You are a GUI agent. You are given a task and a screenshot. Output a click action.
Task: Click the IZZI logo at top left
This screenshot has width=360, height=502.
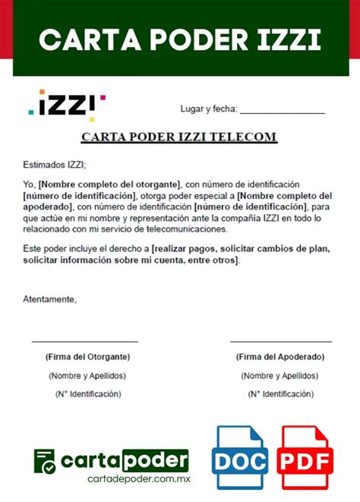pyautogui.click(x=67, y=106)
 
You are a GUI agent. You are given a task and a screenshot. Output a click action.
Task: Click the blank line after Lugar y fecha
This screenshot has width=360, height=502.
pyautogui.click(x=282, y=113)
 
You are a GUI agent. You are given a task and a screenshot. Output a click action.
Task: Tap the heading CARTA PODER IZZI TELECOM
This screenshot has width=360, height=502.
pyautogui.click(x=179, y=137)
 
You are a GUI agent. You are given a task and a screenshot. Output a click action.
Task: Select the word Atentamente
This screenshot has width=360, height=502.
pyautogui.click(x=49, y=299)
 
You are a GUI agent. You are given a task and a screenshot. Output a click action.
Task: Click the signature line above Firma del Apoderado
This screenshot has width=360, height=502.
pyautogui.click(x=280, y=342)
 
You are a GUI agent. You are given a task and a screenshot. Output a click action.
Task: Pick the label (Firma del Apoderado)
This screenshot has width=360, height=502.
pyautogui.click(x=280, y=356)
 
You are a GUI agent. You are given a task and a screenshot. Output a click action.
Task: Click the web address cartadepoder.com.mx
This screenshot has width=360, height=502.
pyautogui.click(x=138, y=478)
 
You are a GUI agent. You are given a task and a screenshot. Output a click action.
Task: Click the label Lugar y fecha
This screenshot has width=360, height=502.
pyautogui.click(x=208, y=109)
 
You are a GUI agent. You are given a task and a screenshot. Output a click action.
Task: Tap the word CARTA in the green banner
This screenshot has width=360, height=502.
pyautogui.click(x=83, y=39)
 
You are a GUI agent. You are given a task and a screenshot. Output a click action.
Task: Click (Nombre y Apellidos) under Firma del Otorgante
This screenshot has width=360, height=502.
pyautogui.click(x=87, y=376)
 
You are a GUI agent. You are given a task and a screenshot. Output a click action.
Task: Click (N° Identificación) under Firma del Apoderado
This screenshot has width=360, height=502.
pyautogui.click(x=280, y=393)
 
